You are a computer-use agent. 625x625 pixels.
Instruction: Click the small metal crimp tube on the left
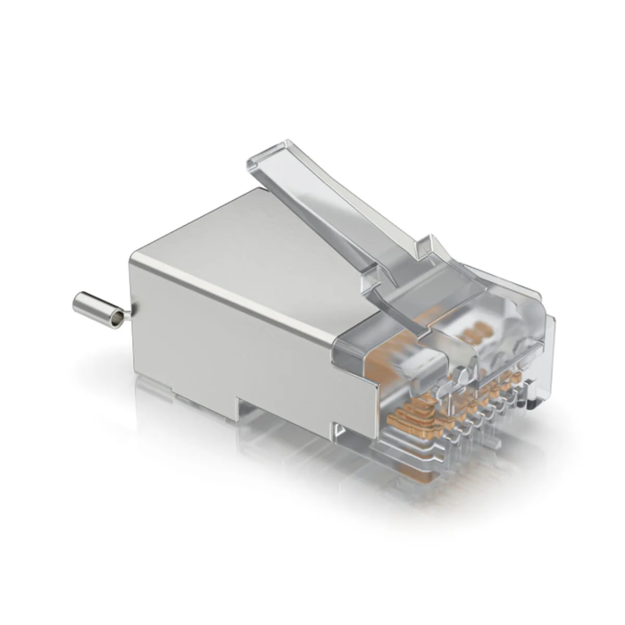[x=97, y=311]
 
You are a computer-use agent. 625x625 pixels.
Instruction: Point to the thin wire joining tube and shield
[x=129, y=313]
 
